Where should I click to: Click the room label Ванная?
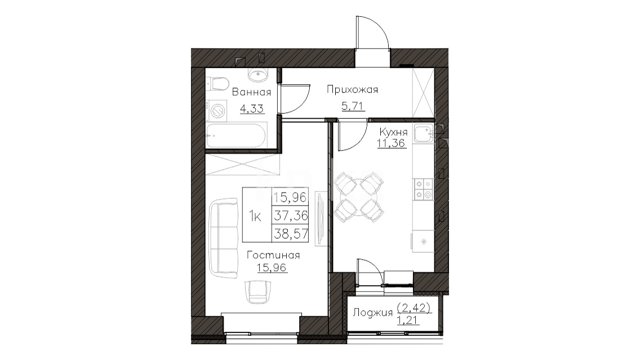[251, 92]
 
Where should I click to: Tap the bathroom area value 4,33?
[252, 109]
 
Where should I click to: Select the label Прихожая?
[352, 90]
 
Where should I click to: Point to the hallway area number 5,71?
[353, 106]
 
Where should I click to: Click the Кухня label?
[393, 132]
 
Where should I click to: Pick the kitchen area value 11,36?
[392, 143]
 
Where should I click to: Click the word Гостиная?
[273, 256]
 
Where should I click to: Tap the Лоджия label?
[372, 313]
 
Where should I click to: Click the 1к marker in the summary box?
[256, 216]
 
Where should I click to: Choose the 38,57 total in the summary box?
[291, 233]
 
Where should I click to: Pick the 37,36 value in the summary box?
[291, 215]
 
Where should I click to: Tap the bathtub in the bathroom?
[236, 135]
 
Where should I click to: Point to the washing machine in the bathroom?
[217, 110]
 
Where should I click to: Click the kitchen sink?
[424, 134]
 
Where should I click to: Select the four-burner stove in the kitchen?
[424, 190]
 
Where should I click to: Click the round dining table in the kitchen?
[359, 197]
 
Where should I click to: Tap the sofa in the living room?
[223, 238]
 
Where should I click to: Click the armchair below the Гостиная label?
[258, 292]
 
